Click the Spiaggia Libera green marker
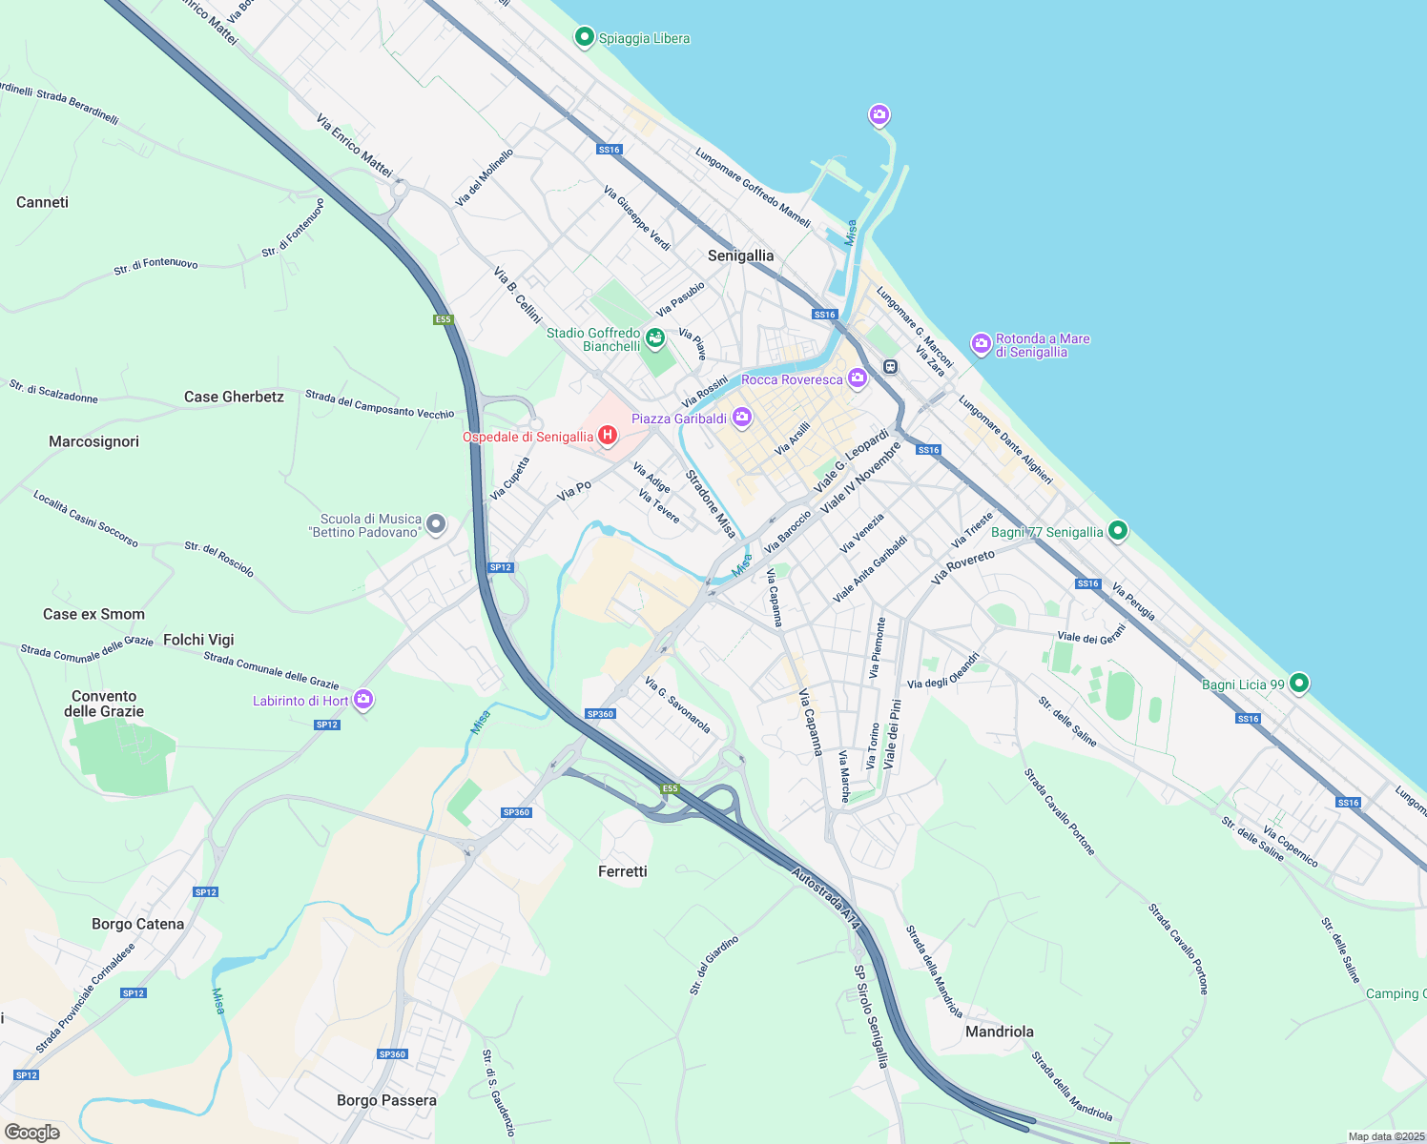click(584, 37)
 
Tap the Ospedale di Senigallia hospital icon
click(607, 437)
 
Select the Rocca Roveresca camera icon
click(857, 378)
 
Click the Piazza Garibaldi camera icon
click(741, 418)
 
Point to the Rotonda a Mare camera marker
click(981, 344)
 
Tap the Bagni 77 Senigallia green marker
click(1118, 531)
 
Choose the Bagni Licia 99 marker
click(1298, 684)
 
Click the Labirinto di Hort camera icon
click(362, 700)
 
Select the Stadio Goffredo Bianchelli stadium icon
click(654, 337)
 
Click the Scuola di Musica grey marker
click(435, 523)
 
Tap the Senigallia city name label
click(740, 255)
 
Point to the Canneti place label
click(42, 202)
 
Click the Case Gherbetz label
click(234, 397)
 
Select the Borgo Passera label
click(386, 1100)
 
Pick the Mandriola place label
click(999, 1032)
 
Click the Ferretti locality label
click(622, 871)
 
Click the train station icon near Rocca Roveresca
click(890, 366)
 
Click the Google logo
click(32, 1132)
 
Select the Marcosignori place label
click(93, 441)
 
